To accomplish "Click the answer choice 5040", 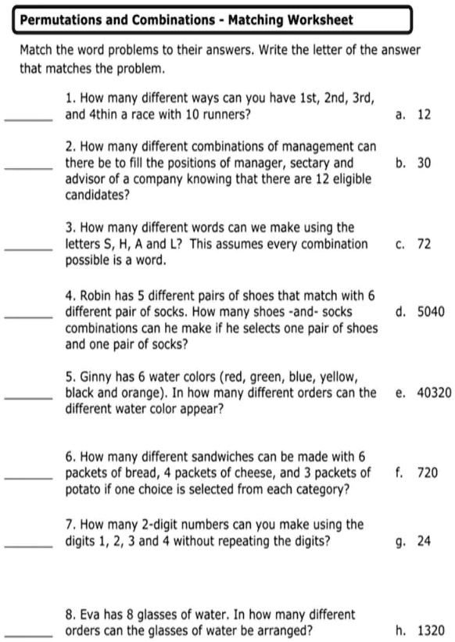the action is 431,311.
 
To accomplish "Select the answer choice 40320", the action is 434,393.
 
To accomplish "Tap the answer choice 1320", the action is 431,630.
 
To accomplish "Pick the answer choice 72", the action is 424,244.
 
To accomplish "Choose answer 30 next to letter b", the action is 424,163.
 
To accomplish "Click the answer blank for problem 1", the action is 29,118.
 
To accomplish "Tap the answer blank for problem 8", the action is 29,634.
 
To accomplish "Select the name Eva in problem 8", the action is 93,615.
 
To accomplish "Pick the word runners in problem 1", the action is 226,114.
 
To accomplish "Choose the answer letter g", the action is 400,540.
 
